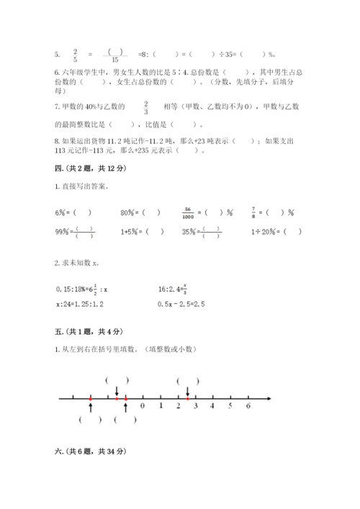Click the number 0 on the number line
tap(143, 406)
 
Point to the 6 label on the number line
tap(248, 406)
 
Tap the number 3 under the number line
tap(212, 406)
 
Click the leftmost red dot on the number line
tap(90, 397)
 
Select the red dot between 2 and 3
tap(187, 397)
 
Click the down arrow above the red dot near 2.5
tap(187, 389)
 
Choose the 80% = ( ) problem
tap(140, 212)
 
